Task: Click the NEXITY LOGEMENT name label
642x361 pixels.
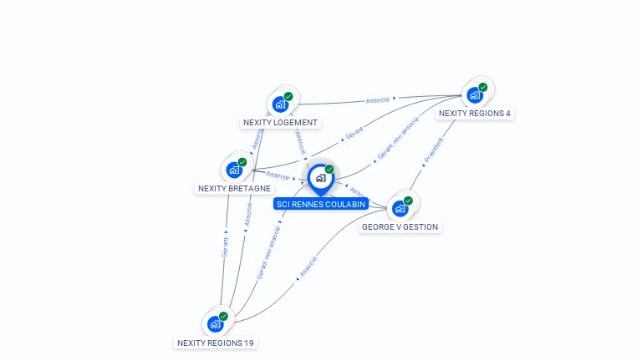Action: (x=280, y=123)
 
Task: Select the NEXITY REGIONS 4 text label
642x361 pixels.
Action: (x=474, y=114)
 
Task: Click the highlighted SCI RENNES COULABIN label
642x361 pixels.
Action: (x=320, y=204)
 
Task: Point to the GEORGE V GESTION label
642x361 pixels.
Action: (x=400, y=226)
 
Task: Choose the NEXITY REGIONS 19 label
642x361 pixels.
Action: (x=216, y=343)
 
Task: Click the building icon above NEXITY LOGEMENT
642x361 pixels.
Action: (x=280, y=104)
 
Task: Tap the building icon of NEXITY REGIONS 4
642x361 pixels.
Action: (x=475, y=95)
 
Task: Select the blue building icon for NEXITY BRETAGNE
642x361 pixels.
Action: (x=234, y=170)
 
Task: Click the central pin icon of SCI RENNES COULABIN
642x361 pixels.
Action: (x=320, y=177)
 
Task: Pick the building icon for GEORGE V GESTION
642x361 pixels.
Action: (x=400, y=208)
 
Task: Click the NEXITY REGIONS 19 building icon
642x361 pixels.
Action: (x=215, y=324)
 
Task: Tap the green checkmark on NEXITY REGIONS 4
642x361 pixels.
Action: (x=483, y=87)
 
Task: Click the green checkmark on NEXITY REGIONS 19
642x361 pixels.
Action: (x=223, y=316)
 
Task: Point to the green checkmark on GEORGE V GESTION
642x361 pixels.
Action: (x=408, y=201)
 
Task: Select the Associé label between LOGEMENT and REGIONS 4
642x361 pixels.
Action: (x=378, y=100)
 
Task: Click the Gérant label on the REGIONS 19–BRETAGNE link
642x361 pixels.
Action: (x=225, y=247)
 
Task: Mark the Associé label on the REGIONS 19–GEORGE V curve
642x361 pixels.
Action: (x=308, y=267)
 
